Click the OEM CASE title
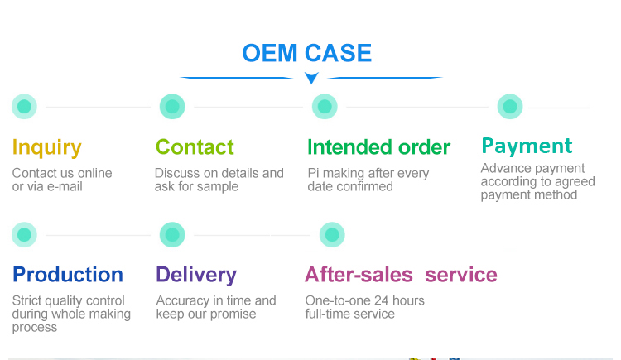point(306,53)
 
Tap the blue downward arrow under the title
point(311,79)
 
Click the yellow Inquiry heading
point(46,148)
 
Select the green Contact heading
point(195,147)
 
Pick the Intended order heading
point(378,147)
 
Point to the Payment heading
point(527,146)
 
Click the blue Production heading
point(68,275)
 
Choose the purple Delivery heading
point(196,275)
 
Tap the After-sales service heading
point(401,275)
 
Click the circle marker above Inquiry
point(24,107)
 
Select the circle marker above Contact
point(172,107)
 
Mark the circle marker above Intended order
point(325,107)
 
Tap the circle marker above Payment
point(510,107)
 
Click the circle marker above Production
point(24,235)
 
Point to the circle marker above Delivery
point(172,235)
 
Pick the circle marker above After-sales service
point(332,235)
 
